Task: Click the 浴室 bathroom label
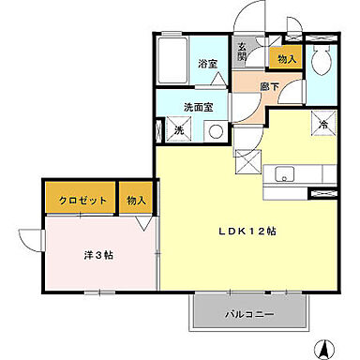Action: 207,65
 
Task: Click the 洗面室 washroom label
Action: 198,107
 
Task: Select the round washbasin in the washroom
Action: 216,130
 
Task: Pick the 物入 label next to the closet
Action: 137,199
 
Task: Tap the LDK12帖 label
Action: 247,230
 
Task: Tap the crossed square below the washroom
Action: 247,160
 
